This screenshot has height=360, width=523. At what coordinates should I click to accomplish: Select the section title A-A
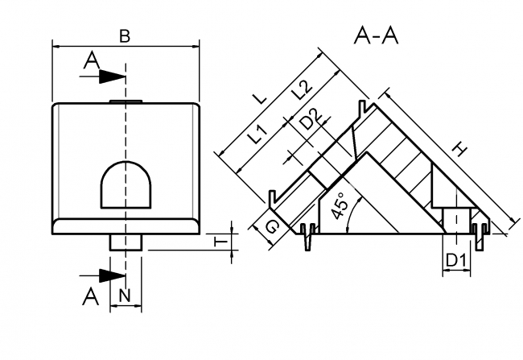pyautogui.click(x=377, y=35)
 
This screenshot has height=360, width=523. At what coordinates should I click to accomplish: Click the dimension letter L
pyautogui.click(x=259, y=97)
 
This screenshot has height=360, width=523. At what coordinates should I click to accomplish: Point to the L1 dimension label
pyautogui.click(x=257, y=134)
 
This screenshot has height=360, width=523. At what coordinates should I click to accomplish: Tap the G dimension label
pyautogui.click(x=273, y=228)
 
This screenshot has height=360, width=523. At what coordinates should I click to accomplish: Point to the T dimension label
pyautogui.click(x=217, y=239)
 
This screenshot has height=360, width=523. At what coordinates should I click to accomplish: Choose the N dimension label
pyautogui.click(x=125, y=296)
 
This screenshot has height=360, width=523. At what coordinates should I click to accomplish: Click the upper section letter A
pyautogui.click(x=92, y=59)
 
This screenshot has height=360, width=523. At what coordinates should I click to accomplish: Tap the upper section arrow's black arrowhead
pyautogui.click(x=113, y=77)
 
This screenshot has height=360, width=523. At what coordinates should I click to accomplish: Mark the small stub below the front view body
pyautogui.click(x=126, y=241)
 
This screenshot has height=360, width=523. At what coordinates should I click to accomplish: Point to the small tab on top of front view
pyautogui.click(x=126, y=101)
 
